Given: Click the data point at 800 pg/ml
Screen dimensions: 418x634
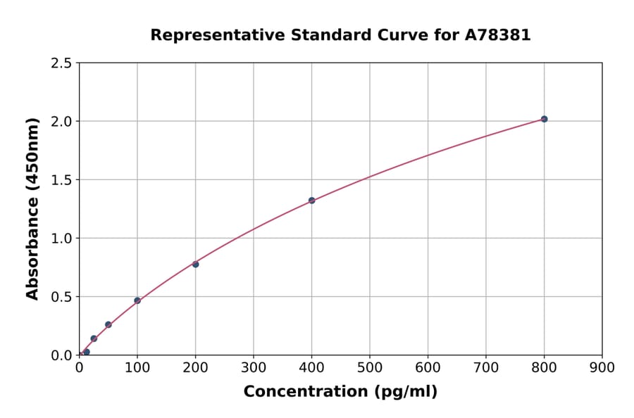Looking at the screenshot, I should pos(544,119).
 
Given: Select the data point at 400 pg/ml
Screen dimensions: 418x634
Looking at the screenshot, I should pos(311,201).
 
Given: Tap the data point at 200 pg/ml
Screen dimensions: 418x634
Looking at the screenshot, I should pos(195,264).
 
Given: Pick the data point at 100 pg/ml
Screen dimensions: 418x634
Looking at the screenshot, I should pos(137,300).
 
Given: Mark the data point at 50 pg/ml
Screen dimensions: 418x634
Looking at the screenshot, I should pos(108,324).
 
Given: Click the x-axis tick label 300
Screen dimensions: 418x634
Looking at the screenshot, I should pos(254,367).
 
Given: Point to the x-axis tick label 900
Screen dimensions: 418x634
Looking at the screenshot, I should pos(602,367).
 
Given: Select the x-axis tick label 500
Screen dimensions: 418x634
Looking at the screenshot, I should pos(370,367).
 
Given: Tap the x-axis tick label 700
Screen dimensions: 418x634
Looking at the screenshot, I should pos(486,367).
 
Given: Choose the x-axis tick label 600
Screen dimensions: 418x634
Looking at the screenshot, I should pos(428,367).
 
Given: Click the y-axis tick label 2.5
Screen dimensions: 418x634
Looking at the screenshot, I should pos(61,63).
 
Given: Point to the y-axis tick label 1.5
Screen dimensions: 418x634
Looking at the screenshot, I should pos(61,180).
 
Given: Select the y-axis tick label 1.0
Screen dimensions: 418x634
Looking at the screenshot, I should pos(61,239).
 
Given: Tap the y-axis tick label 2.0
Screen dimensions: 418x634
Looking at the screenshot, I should pos(61,122).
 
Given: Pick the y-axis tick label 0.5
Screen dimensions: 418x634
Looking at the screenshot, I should pos(61,297).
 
